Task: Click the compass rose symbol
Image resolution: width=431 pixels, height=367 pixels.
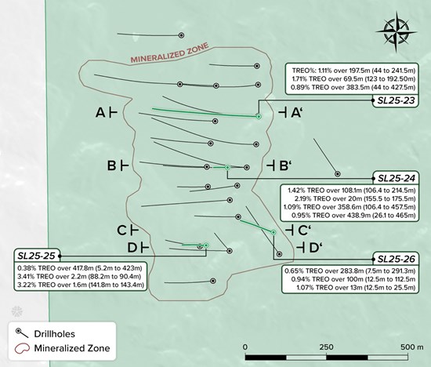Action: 396,31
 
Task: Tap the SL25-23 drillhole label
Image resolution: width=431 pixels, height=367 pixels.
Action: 396,100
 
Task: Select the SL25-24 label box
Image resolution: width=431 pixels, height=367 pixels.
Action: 396,178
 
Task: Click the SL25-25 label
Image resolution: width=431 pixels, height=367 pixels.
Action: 37,256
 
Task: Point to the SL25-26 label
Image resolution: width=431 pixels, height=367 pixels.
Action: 396,259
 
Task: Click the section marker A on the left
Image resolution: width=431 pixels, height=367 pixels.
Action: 106,112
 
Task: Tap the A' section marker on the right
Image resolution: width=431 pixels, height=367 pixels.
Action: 290,112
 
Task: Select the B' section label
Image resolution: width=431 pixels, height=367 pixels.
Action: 279,166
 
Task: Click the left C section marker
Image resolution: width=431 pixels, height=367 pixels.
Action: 128,230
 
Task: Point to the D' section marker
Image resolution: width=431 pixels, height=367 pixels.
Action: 310,248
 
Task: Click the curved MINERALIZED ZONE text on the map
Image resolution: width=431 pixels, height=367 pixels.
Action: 169,53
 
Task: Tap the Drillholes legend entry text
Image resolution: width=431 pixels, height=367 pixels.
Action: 54,334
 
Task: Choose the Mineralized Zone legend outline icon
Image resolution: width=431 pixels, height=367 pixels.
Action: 22,348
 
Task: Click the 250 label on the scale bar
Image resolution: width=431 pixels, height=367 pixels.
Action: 327,347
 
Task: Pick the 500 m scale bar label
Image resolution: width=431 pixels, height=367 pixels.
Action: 412,347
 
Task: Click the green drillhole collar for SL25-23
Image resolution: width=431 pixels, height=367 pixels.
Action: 259,117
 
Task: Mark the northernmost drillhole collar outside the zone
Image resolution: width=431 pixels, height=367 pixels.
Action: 181,35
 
